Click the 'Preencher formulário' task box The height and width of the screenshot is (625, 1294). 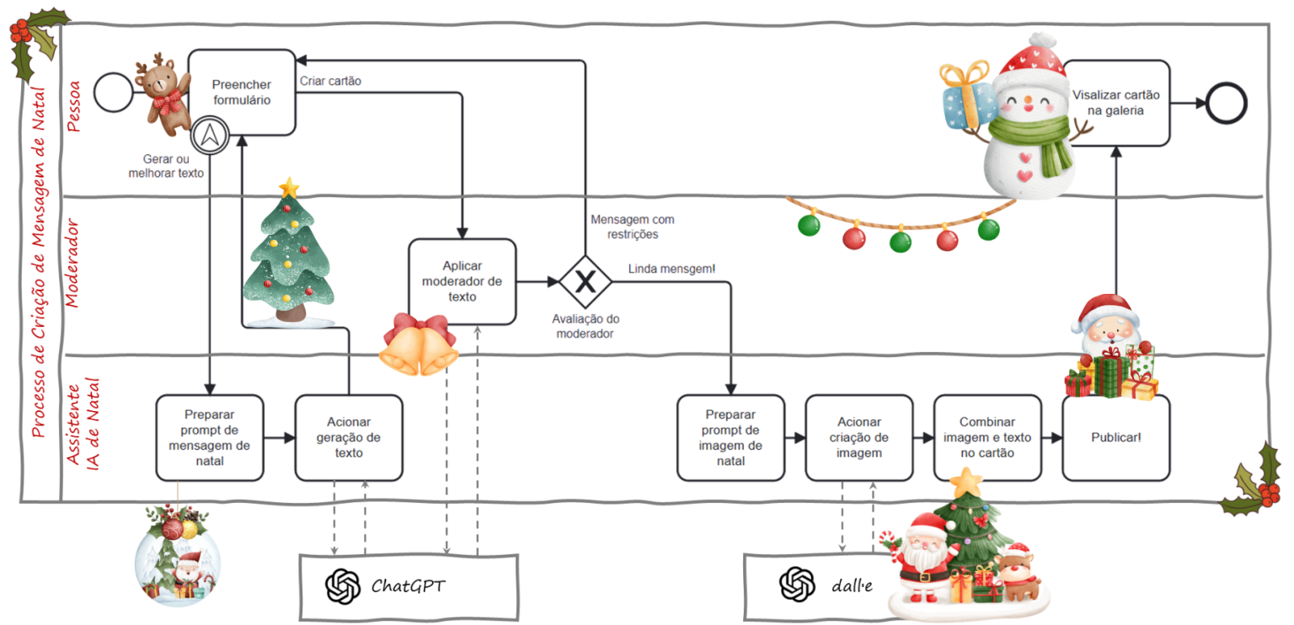[x=242, y=92]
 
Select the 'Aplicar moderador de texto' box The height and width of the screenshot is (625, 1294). [x=462, y=281]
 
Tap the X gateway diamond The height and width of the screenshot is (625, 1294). [x=585, y=281]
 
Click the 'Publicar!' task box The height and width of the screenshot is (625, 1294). [x=1115, y=437]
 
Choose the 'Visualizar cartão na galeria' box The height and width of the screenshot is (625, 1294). [x=1116, y=102]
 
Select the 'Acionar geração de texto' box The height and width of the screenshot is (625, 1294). [x=349, y=437]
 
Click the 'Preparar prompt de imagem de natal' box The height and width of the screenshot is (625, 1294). [x=730, y=437]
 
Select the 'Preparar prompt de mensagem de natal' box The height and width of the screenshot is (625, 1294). [x=210, y=437]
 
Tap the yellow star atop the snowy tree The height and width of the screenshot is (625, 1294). [x=289, y=186]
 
